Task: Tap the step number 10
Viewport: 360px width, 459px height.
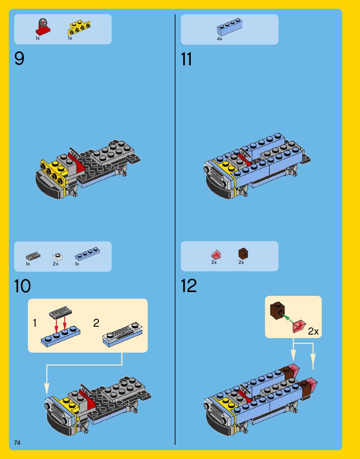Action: click(x=22, y=286)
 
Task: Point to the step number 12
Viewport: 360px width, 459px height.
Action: click(x=189, y=285)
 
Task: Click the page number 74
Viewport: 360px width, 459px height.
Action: click(x=17, y=443)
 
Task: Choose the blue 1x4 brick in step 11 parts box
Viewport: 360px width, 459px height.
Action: click(x=230, y=27)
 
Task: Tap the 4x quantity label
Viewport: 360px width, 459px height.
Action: click(x=220, y=39)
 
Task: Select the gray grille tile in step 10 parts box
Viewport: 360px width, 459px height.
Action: click(x=33, y=256)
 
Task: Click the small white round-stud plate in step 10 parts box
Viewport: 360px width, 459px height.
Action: click(x=58, y=257)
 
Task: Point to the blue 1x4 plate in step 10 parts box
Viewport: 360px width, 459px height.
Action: click(x=87, y=254)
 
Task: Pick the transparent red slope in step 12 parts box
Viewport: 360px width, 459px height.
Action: click(x=216, y=254)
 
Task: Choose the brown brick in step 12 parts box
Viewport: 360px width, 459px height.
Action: click(x=243, y=254)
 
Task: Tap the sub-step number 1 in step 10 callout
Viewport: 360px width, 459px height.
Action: click(x=35, y=323)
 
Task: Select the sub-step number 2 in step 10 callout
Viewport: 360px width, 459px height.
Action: click(x=96, y=323)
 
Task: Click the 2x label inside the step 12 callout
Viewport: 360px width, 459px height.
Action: click(x=313, y=331)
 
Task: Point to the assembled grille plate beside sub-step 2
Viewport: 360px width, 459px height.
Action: click(x=123, y=334)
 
